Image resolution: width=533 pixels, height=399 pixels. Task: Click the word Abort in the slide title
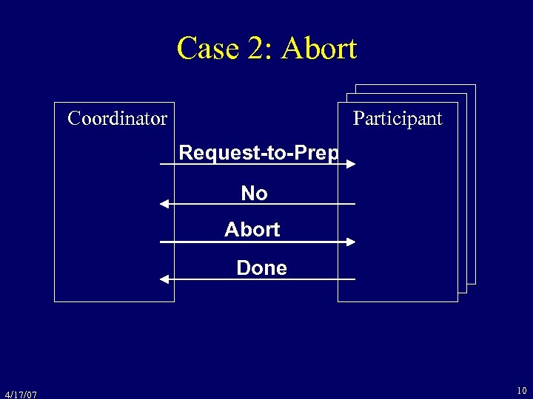[320, 49]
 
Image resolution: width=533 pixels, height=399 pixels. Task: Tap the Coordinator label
[117, 118]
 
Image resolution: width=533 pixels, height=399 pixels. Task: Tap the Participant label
[398, 118]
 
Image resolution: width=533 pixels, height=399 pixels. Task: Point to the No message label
[254, 194]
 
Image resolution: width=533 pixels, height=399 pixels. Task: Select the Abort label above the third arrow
[252, 230]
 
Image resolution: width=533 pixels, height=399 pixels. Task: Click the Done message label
[261, 267]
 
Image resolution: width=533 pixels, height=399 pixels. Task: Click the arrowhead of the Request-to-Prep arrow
[351, 164]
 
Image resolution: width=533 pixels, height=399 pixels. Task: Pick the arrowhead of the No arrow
[165, 203]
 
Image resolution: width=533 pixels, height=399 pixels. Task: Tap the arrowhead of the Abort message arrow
[351, 241]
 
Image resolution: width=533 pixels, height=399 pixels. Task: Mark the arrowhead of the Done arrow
[165, 279]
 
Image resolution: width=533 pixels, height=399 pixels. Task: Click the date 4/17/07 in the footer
[20, 395]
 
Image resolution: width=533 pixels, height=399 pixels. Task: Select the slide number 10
[522, 389]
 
